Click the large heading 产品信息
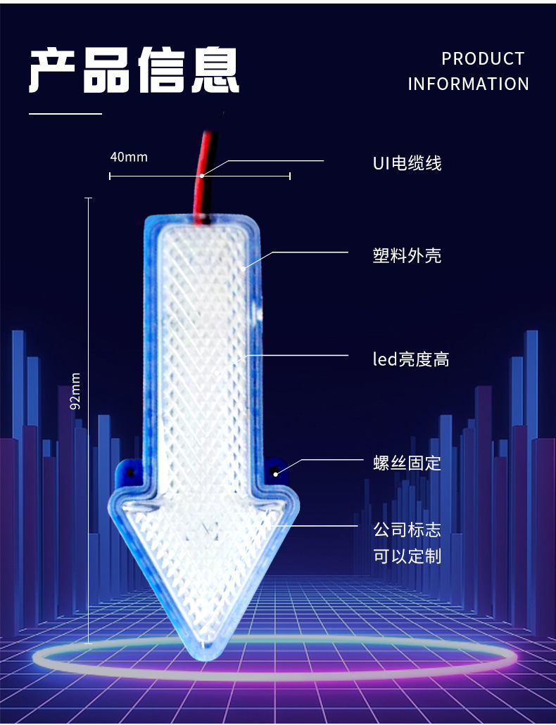tap(134, 70)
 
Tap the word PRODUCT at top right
tap(483, 59)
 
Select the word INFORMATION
tap(468, 84)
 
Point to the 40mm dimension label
tap(129, 157)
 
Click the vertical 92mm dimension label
tap(76, 390)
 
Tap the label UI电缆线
tap(407, 164)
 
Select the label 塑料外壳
tap(407, 255)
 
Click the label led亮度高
tap(411, 360)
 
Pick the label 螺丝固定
tap(407, 463)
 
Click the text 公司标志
tap(407, 529)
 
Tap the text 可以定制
tap(407, 556)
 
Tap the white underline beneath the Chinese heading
tap(65, 113)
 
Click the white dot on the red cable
tap(202, 175)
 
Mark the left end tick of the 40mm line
tap(110, 176)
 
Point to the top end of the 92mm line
tap(89, 198)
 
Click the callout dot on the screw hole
tap(276, 473)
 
